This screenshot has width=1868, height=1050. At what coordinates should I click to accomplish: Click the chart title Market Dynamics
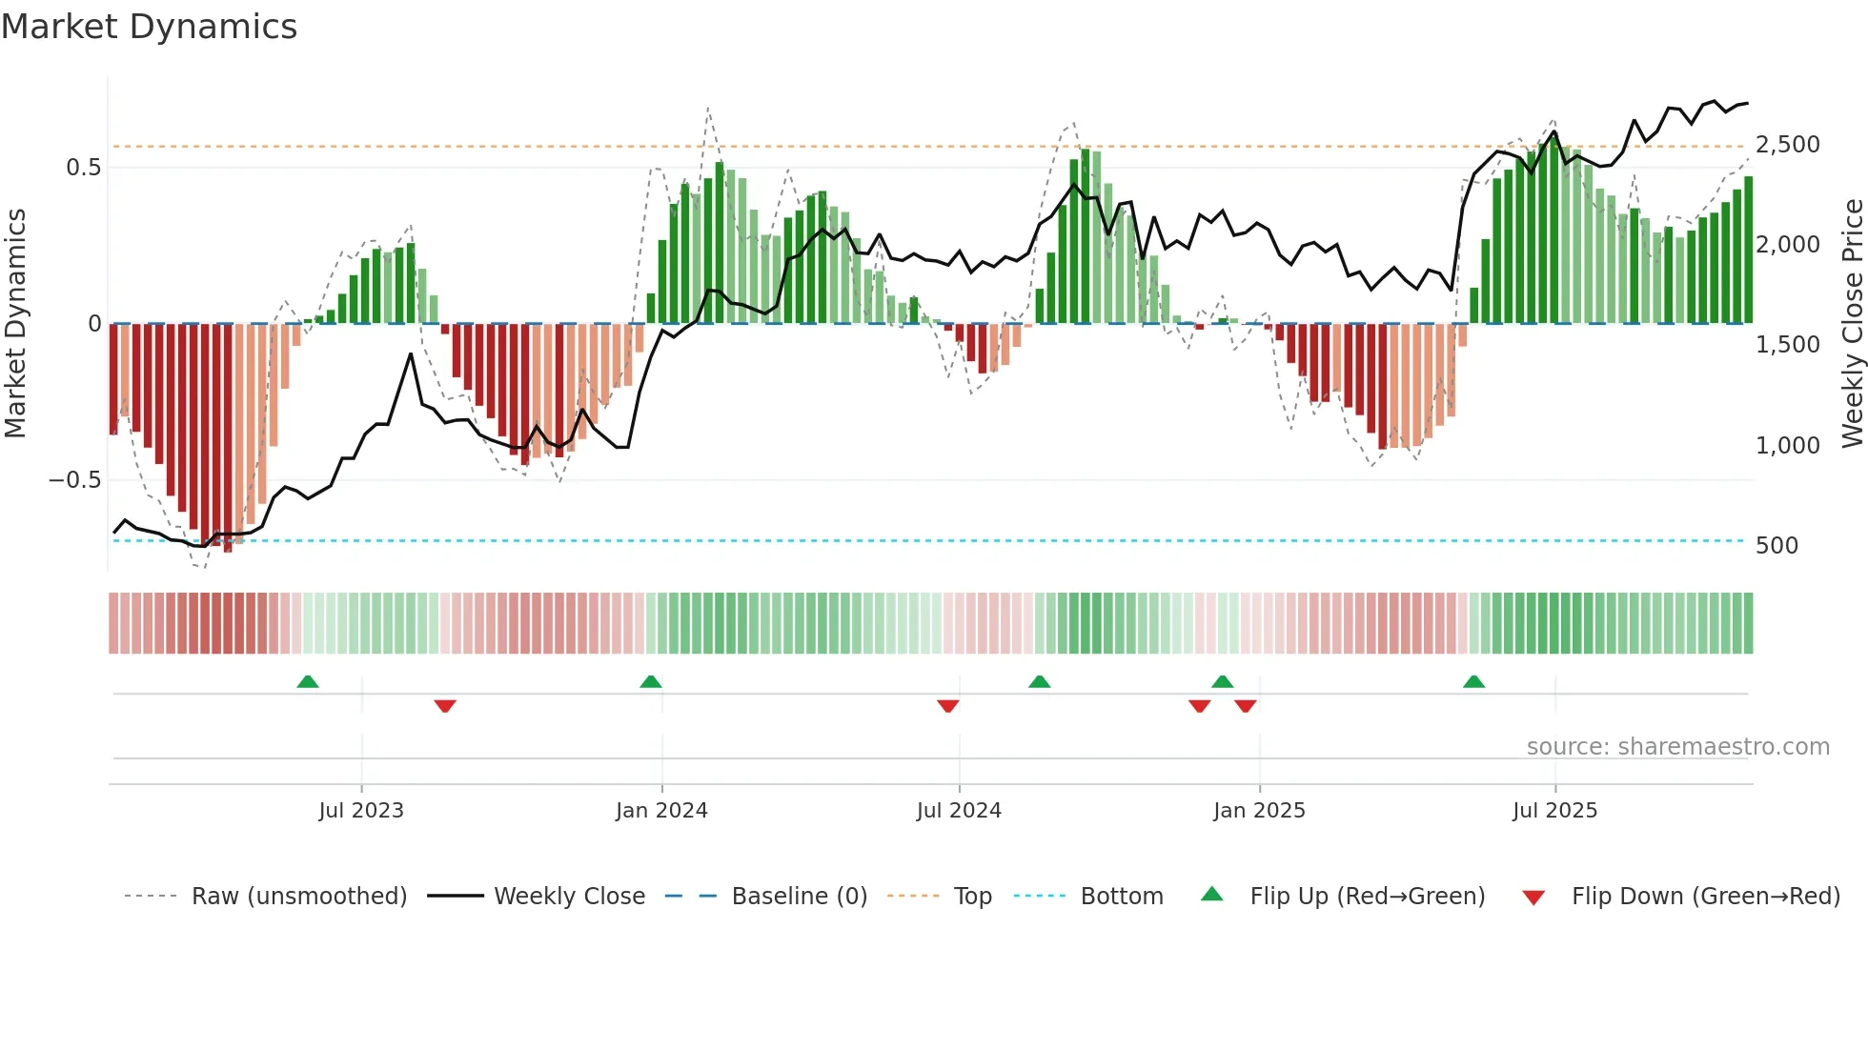coord(149,27)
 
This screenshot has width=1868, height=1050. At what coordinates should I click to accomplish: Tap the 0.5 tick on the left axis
coord(83,168)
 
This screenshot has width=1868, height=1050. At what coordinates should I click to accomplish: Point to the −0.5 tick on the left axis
coord(75,480)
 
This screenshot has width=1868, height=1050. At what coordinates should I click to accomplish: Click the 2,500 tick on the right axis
coord(1787,145)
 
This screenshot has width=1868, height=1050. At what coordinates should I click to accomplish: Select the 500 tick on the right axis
coord(1777,546)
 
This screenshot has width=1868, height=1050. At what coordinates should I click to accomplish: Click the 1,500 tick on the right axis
coord(1787,345)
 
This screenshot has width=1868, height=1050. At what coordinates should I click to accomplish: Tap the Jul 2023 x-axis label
coord(361,811)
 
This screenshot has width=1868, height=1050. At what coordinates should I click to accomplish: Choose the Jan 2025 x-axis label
coord(1259,811)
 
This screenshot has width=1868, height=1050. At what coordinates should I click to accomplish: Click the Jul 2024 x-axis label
coord(959,811)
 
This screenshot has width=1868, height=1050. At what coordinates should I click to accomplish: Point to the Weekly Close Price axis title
coord(1852,324)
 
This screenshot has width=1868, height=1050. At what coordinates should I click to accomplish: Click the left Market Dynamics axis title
coord(15,324)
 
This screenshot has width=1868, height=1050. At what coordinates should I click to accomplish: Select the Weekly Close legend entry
coord(569,897)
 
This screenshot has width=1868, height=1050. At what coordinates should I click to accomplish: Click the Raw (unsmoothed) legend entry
coord(299,897)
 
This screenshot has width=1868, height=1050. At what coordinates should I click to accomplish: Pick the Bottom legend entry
coord(1122,897)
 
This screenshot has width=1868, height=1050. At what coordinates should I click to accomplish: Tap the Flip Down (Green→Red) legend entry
coord(1705,897)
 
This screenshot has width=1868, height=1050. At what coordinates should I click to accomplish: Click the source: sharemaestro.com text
coord(1677,747)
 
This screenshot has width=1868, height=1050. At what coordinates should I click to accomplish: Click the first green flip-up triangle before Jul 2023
coord(307,682)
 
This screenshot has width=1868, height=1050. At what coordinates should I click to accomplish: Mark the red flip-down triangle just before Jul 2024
coord(947,706)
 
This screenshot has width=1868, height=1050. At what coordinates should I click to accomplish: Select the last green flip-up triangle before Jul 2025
coord(1473,682)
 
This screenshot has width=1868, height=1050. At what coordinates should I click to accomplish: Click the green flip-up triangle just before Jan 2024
coord(650,682)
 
